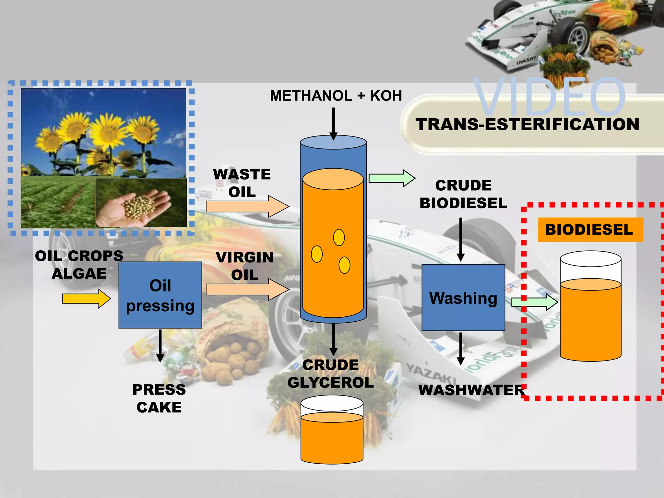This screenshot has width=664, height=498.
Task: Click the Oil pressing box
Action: coord(160,295)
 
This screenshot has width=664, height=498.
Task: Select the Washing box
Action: coord(463,298)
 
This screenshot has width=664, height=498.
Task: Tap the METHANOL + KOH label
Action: coord(336,96)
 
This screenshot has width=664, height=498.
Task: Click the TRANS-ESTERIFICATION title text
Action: coord(528,125)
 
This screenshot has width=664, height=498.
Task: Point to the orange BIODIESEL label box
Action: coord(590,230)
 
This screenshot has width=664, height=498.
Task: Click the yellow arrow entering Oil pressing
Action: coord(86,299)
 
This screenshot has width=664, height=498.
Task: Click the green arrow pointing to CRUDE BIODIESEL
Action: coord(392,178)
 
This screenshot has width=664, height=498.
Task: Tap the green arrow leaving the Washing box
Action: coord(534,302)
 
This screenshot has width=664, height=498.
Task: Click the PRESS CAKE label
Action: coord(159,398)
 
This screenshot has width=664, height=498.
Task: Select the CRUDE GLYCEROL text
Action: coord(330,374)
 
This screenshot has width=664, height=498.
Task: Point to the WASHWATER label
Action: coord(471,390)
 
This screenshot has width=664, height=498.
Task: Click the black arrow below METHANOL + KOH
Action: coord(333,124)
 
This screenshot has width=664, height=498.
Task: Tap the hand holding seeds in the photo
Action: coord(136,208)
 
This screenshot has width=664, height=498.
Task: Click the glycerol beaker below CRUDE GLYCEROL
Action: coord(332,430)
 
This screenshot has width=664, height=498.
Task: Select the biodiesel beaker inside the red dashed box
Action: coord(590,306)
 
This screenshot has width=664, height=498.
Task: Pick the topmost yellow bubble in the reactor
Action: coord(339,237)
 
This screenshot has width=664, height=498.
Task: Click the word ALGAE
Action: coord(79,274)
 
